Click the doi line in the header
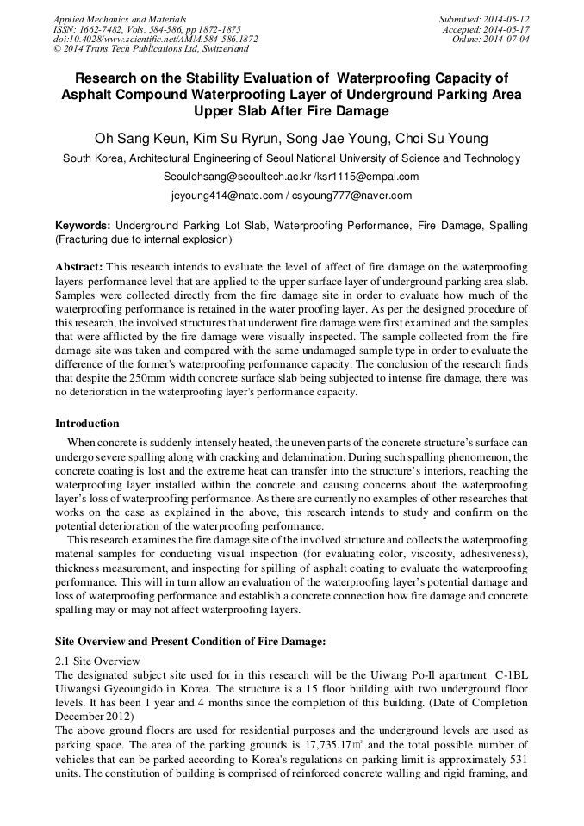(x=155, y=39)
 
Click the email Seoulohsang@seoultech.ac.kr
(x=237, y=177)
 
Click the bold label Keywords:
(x=83, y=226)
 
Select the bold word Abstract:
(x=79, y=268)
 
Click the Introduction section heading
(x=87, y=424)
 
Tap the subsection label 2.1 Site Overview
(x=96, y=660)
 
